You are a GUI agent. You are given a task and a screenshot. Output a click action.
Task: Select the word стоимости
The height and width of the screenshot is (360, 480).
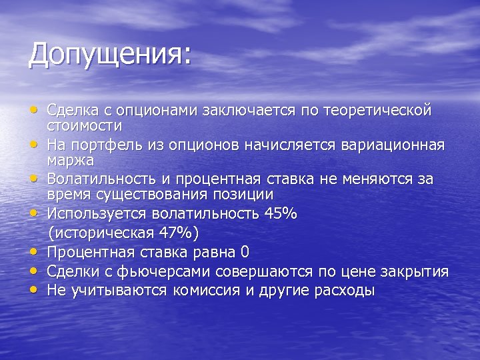pyautogui.click(x=84, y=125)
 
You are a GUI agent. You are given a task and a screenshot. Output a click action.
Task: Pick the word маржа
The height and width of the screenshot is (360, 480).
pyautogui.click(x=70, y=161)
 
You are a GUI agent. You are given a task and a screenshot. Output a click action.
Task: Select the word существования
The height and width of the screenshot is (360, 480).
pyautogui.click(x=168, y=195)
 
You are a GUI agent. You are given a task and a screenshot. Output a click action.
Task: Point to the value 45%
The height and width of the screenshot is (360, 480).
pyautogui.click(x=281, y=214)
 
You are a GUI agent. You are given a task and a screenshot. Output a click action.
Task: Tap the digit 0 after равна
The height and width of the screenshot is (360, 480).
pyautogui.click(x=245, y=252)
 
